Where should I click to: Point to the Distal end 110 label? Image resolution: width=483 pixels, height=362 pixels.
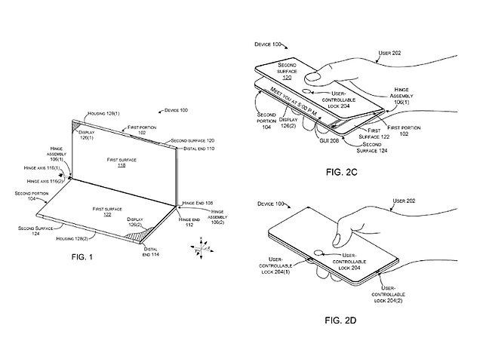[x=199, y=149]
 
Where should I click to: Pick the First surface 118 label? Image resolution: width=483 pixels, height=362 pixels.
[x=122, y=163]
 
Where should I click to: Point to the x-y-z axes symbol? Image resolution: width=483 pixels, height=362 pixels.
[x=203, y=245]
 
